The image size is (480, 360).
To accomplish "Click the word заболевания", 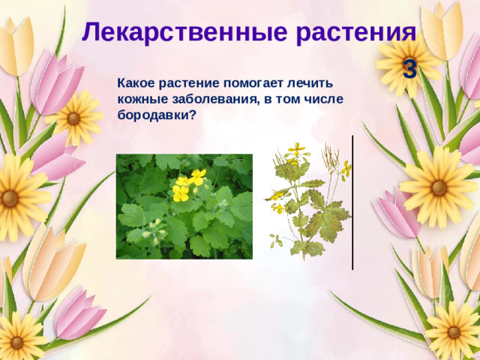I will pos(210,100).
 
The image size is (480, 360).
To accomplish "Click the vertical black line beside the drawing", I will pos(352,202).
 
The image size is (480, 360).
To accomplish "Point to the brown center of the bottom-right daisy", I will pos(454,331).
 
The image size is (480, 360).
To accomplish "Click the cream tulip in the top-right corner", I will pos(442,30).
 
